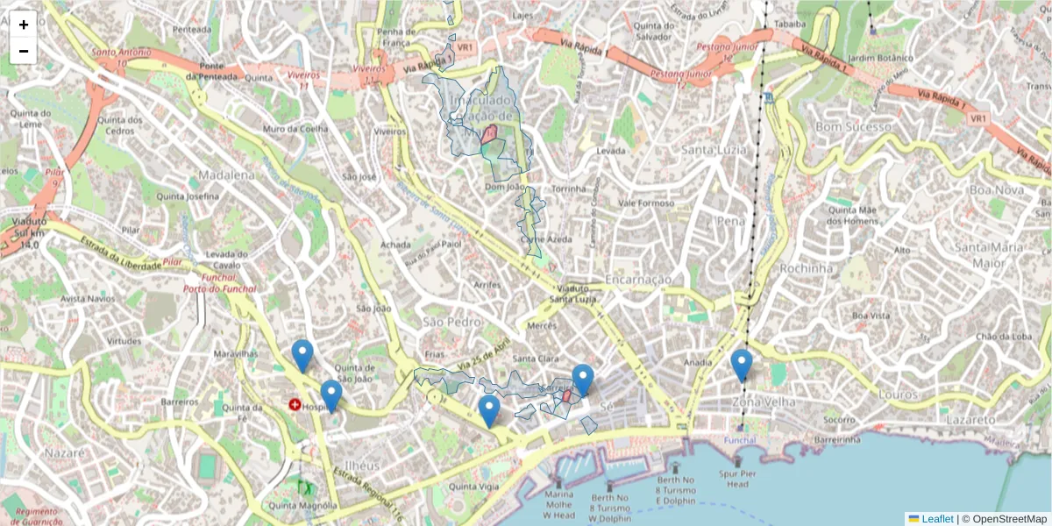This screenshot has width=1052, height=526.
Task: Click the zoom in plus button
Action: point(24,25)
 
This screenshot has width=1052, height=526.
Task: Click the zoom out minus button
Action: point(24,51)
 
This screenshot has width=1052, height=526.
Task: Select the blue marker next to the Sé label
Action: point(583,380)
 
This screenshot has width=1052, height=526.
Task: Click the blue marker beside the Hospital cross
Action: point(331,395)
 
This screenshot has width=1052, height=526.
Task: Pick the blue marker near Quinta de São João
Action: point(302,355)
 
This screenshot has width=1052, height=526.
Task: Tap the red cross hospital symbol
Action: point(295,406)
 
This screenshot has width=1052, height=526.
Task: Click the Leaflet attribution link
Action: point(937,519)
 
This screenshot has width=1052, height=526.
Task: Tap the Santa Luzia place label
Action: point(713,151)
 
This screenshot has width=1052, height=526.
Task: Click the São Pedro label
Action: point(451,323)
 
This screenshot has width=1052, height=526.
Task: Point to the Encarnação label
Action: point(638,280)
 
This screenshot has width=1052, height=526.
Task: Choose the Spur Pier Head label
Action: point(737,479)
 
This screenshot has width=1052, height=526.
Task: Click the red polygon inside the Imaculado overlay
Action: point(490,134)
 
